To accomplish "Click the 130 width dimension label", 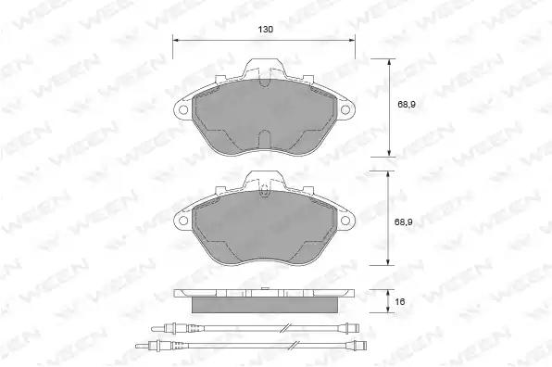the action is (266, 30).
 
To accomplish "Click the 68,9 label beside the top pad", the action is (407, 105).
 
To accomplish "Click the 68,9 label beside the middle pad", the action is (404, 222).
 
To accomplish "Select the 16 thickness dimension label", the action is (400, 302).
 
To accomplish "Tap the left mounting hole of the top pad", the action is (183, 110).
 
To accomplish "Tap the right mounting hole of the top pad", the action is (345, 110).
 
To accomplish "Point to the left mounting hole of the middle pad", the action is (183, 221).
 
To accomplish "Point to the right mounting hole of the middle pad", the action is (345, 221).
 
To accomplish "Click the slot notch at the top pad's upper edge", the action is (264, 82).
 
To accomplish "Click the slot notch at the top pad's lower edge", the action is (264, 139).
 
